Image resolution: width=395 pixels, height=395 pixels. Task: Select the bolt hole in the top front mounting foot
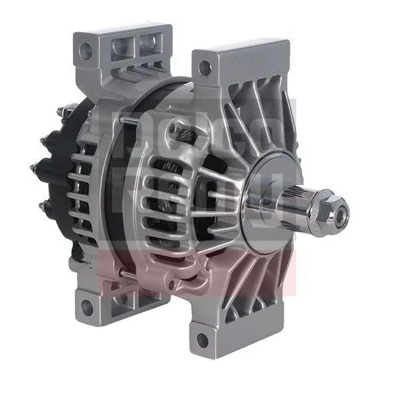pos(205,67)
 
